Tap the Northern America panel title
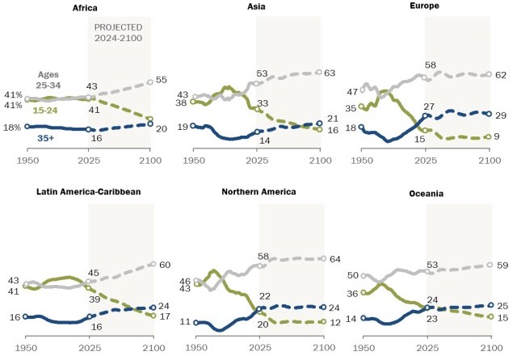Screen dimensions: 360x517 click(x=258, y=191)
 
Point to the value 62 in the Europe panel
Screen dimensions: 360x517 click(x=500, y=74)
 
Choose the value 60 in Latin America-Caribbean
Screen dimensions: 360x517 click(x=164, y=264)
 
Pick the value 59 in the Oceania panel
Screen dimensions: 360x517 click(x=502, y=265)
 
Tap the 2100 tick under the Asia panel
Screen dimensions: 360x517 click(x=320, y=161)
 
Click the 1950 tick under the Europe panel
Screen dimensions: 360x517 click(x=363, y=161)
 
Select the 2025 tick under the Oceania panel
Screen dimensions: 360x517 click(x=425, y=346)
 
